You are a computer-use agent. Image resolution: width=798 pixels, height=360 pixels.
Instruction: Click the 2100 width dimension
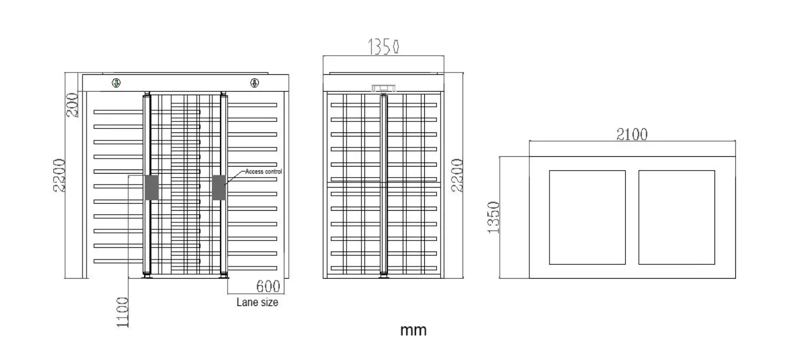(631, 134)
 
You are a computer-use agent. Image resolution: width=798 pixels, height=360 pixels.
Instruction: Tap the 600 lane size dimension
(268, 286)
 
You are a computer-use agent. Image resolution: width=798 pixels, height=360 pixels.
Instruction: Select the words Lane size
(257, 303)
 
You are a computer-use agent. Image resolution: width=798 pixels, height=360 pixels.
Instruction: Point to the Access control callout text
(263, 171)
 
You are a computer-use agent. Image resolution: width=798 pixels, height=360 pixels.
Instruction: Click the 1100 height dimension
(122, 312)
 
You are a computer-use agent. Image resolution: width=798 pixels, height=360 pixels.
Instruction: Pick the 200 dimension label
(73, 105)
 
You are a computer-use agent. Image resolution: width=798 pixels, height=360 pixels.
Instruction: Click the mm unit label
(413, 330)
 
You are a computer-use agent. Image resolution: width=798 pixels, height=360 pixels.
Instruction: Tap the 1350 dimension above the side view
(383, 46)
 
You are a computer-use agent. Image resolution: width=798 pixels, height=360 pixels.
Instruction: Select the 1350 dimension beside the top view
(493, 217)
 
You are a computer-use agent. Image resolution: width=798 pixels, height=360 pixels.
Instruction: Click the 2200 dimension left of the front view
(59, 175)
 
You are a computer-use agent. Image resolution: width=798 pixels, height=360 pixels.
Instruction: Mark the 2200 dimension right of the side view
(457, 175)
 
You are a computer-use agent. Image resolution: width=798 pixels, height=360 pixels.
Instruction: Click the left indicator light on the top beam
(116, 83)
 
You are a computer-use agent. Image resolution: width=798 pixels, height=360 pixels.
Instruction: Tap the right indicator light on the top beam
(254, 83)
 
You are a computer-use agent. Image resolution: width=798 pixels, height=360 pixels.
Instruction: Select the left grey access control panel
(151, 188)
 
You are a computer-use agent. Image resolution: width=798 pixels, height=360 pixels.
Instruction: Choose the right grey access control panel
(219, 188)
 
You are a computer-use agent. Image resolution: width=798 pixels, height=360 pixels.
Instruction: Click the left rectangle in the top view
(587, 217)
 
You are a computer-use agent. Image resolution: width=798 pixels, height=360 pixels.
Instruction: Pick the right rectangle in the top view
(677, 217)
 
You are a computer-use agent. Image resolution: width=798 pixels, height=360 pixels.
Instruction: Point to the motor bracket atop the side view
(383, 88)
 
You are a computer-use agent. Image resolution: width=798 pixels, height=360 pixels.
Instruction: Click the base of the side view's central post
(383, 275)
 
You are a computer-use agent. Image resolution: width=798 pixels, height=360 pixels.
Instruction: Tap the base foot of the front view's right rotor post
(223, 275)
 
